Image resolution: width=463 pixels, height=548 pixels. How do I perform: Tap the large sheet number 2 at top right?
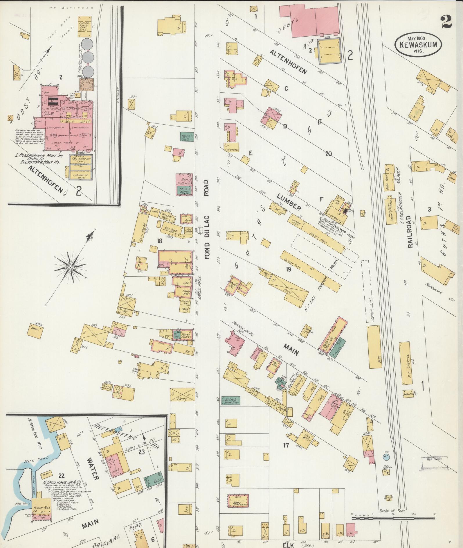[x=446, y=22]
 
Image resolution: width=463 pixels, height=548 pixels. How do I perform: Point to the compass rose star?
[x=71, y=266]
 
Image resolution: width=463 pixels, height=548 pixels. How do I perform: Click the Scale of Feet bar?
[x=393, y=315]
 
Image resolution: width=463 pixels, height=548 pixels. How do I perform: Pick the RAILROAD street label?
[x=410, y=232]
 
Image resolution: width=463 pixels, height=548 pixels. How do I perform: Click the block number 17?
[x=286, y=445]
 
